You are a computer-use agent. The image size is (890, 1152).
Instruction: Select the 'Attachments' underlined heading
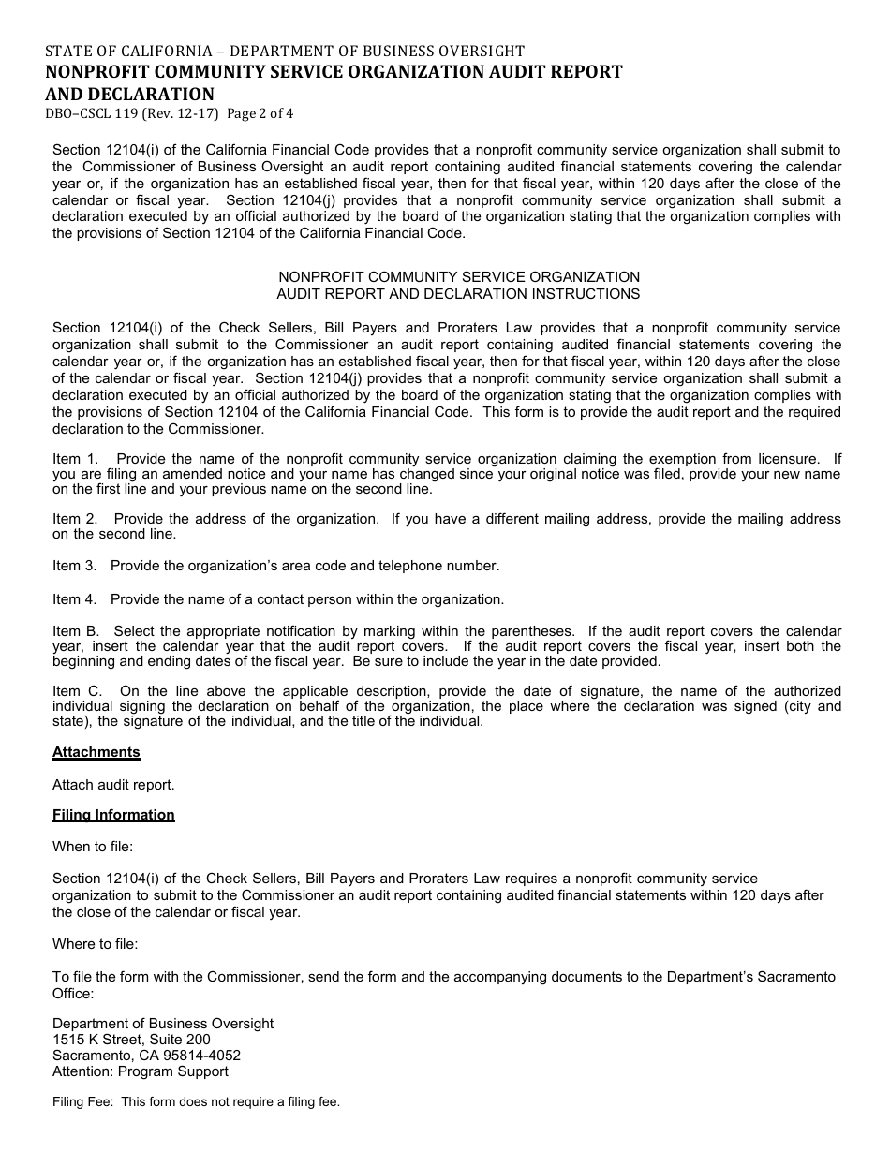pos(96,752)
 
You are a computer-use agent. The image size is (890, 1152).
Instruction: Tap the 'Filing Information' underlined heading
pos(113,815)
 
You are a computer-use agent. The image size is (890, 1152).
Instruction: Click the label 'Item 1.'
pos(75,459)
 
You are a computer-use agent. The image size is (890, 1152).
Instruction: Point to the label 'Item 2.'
pos(75,519)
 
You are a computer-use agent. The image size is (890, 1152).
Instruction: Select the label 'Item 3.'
pos(75,566)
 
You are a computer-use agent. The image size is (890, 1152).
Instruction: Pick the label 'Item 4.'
pos(75,599)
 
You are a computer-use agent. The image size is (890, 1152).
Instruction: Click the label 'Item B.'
pos(76,631)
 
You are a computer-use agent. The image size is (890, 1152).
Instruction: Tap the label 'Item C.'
pos(76,691)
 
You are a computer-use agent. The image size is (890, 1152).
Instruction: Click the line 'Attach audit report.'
pos(113,785)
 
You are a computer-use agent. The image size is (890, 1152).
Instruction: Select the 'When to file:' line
pos(93,847)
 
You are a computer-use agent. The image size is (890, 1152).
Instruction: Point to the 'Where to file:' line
pos(95,944)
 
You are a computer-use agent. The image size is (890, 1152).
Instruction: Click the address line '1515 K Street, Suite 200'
pos(131,1040)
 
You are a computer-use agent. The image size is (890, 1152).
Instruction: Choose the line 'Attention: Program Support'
pos(141,1071)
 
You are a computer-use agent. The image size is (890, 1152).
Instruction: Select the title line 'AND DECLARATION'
pos(129,94)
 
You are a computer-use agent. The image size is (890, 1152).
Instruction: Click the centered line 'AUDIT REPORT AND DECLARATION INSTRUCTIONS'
pos(458,294)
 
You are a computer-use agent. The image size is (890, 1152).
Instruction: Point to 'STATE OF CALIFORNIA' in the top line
pos(130,52)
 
